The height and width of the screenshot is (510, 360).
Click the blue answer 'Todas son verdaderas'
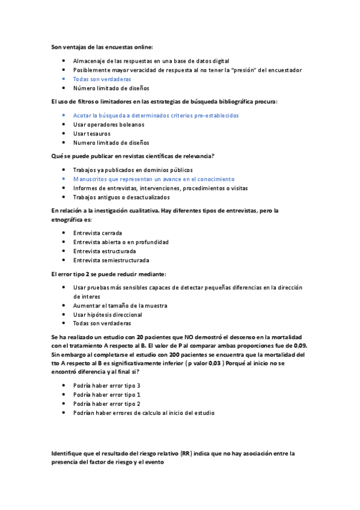tap(102, 79)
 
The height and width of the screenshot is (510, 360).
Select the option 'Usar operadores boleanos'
tap(108, 124)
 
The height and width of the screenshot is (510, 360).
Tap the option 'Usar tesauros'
tap(91, 134)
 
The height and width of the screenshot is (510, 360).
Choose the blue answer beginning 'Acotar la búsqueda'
tap(156, 115)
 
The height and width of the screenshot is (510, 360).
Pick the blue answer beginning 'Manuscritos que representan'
tap(153, 179)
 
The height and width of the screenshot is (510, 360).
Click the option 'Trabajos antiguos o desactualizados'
tap(121, 197)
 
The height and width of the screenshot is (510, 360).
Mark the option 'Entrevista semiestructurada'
tap(111, 260)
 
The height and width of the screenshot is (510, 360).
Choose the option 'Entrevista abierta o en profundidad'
tap(120, 242)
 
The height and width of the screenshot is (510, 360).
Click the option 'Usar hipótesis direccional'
tap(107, 315)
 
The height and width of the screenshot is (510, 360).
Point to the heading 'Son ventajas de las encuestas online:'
tap(102, 47)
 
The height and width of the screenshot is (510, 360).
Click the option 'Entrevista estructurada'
tap(104, 251)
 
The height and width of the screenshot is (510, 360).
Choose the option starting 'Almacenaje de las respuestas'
tap(151, 61)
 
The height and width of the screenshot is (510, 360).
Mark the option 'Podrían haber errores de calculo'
tap(143, 413)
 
